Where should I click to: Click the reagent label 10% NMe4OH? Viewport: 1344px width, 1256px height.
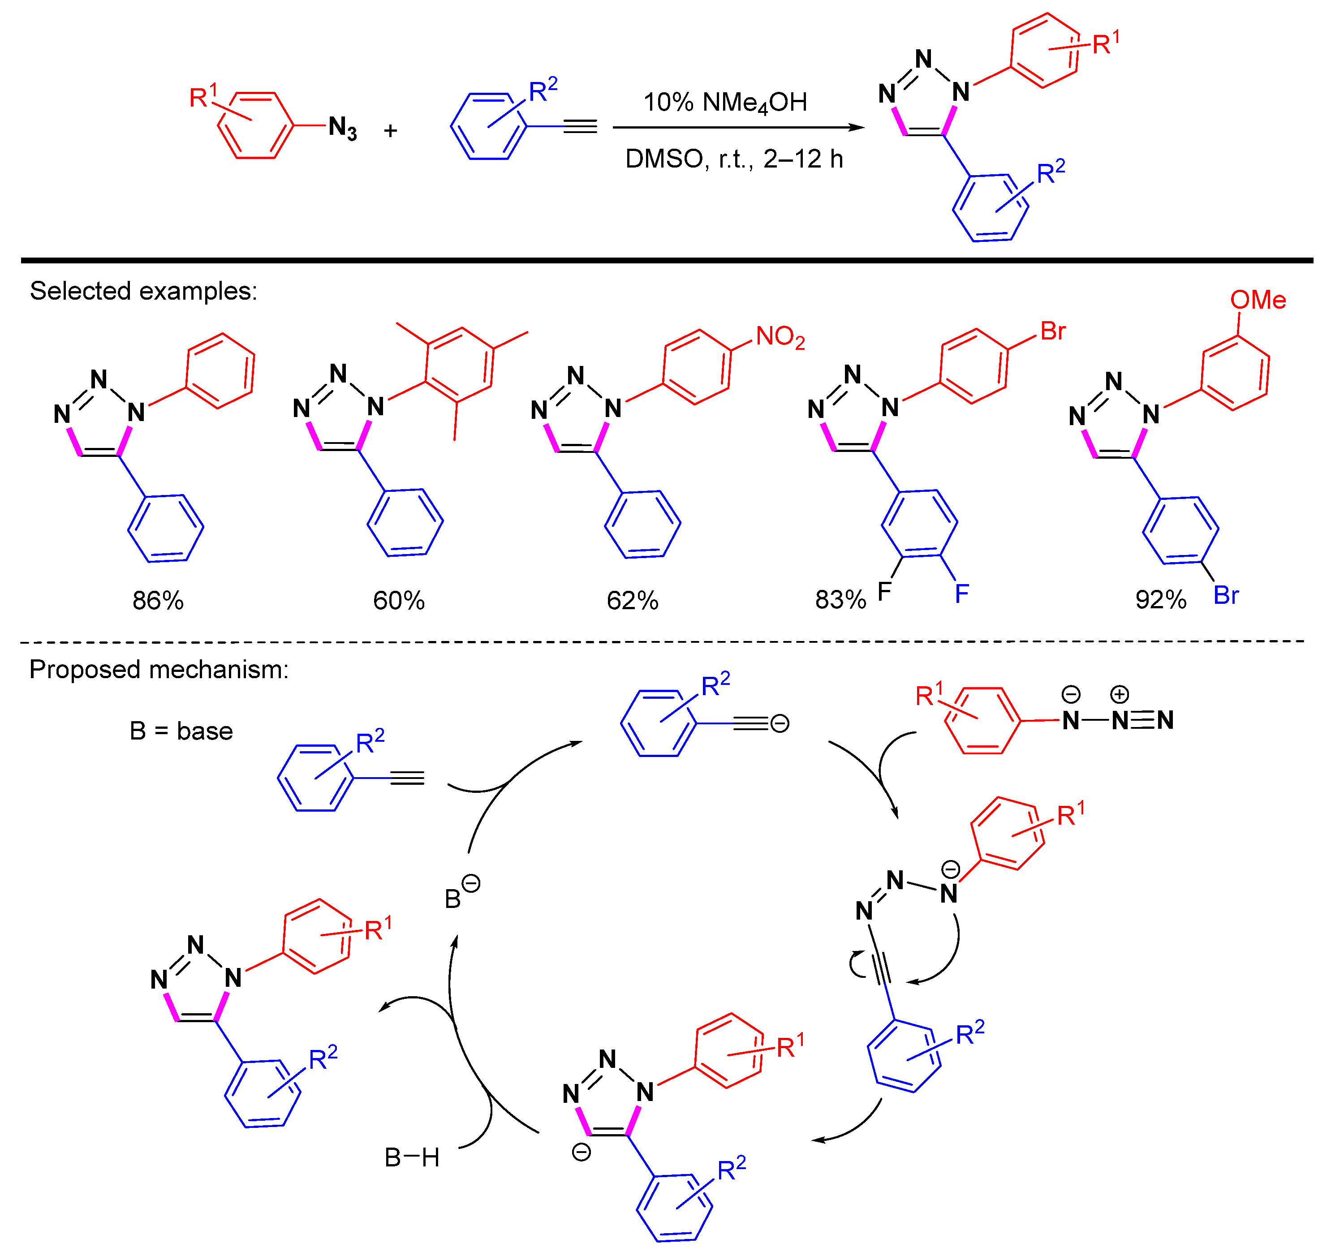[x=725, y=103]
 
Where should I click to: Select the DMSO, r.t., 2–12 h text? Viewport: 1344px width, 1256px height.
[x=734, y=159]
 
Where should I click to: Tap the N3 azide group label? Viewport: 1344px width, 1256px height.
[x=342, y=128]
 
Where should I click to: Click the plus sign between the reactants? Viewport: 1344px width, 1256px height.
[x=390, y=130]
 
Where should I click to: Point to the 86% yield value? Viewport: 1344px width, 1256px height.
[x=158, y=600]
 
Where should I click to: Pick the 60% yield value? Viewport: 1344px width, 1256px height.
[x=398, y=600]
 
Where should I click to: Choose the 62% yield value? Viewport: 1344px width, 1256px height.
[x=632, y=600]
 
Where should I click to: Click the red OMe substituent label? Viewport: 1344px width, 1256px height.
[x=1258, y=300]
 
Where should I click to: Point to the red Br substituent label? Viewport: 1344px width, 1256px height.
[x=1053, y=331]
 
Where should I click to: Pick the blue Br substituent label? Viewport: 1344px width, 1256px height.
[x=1226, y=595]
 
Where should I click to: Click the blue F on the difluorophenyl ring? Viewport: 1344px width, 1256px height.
[x=961, y=594]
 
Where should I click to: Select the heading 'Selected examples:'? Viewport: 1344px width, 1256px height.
[x=143, y=291]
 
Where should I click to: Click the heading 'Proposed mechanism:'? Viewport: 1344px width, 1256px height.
[x=159, y=669]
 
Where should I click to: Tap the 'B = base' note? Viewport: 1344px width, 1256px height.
[x=181, y=731]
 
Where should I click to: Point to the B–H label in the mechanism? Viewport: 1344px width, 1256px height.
[x=412, y=1157]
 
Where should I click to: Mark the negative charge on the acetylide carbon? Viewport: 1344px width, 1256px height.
[x=780, y=724]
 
